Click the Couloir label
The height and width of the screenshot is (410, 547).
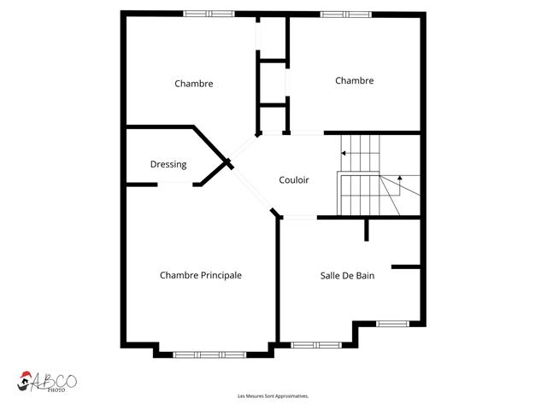(x=293, y=180)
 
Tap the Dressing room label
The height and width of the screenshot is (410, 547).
(x=168, y=165)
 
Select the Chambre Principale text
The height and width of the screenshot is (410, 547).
(x=201, y=275)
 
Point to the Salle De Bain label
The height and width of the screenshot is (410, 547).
(x=347, y=275)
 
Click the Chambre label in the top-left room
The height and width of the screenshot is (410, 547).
(x=193, y=84)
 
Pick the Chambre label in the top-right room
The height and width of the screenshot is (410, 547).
(x=354, y=80)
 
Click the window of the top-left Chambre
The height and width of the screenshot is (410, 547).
(x=209, y=14)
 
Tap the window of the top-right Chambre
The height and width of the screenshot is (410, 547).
(x=346, y=14)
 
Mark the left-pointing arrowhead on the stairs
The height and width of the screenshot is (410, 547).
(x=344, y=154)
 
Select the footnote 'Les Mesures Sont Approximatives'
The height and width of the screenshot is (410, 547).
(x=273, y=396)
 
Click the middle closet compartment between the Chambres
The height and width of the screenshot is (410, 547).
(x=273, y=82)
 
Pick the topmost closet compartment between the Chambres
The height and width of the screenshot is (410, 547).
(x=273, y=38)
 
